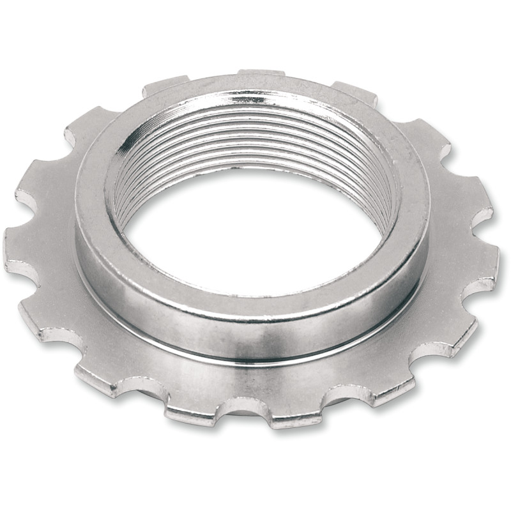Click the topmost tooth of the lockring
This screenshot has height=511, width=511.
click(260, 74)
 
